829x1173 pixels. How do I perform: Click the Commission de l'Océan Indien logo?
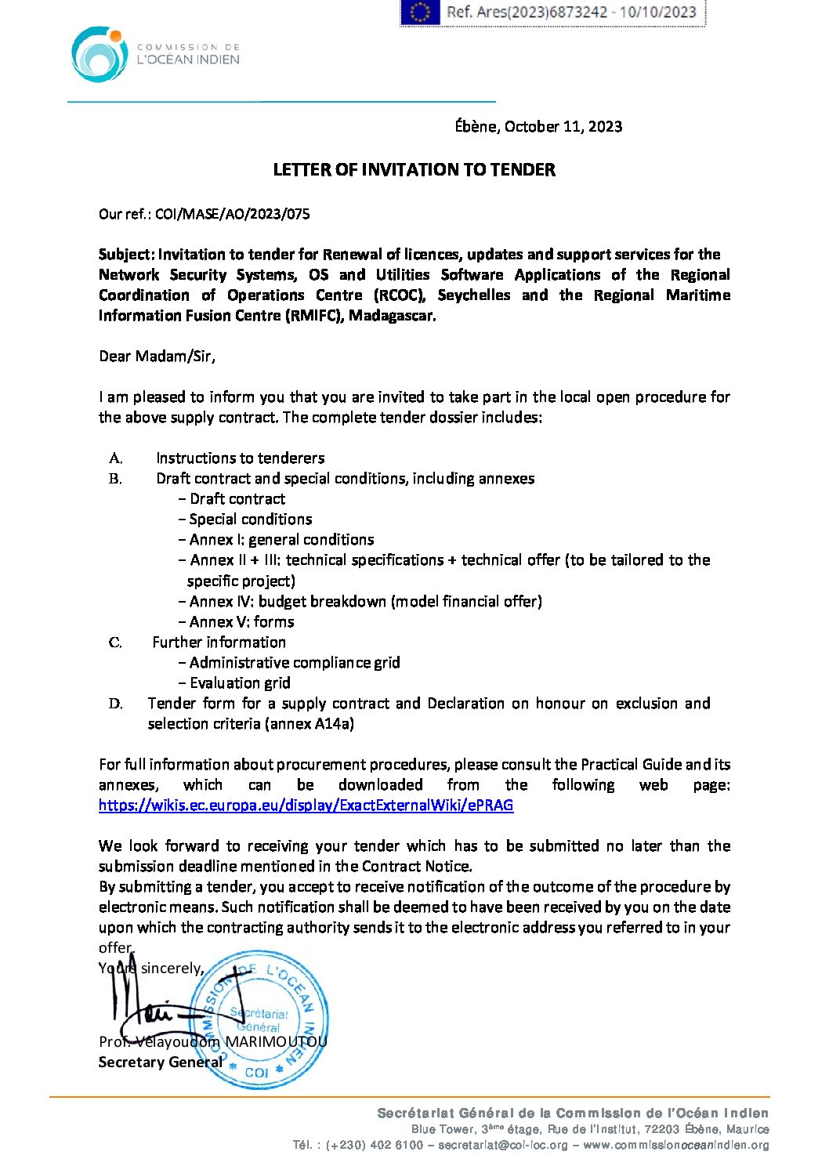pos(100,54)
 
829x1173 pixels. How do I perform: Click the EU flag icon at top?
pos(420,12)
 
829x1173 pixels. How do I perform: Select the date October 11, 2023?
pos(563,126)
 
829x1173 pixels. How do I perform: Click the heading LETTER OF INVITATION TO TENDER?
pos(414,169)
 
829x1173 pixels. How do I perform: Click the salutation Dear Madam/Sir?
pos(156,356)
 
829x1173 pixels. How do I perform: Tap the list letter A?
pos(115,458)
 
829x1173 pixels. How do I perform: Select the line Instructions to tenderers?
pos(240,458)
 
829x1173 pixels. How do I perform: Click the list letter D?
pos(115,704)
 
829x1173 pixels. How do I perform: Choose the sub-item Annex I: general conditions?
pos(281,539)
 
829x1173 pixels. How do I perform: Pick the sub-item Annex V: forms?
pos(241,621)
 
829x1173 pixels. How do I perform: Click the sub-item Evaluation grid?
pos(240,682)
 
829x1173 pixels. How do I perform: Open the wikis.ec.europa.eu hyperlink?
pos(306,805)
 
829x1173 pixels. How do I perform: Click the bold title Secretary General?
pos(160,1062)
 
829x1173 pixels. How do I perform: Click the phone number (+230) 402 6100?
pos(375,1145)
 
